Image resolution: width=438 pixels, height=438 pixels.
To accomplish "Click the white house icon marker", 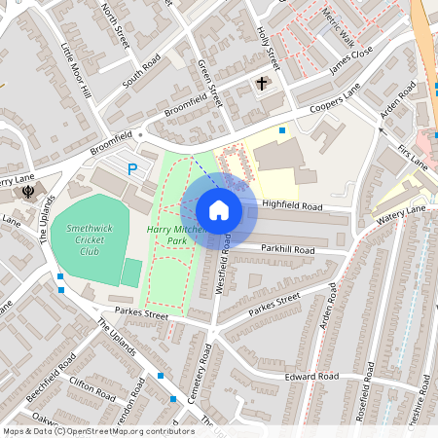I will tap(219, 209).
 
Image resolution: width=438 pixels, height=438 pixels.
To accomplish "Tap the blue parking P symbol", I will tap(133, 169).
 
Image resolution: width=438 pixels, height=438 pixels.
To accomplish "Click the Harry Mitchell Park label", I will tap(174, 234).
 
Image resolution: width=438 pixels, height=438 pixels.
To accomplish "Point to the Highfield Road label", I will tap(292, 206).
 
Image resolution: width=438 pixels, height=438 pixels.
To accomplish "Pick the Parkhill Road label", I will tap(287, 250).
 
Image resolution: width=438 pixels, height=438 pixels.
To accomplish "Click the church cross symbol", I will tap(262, 84).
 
